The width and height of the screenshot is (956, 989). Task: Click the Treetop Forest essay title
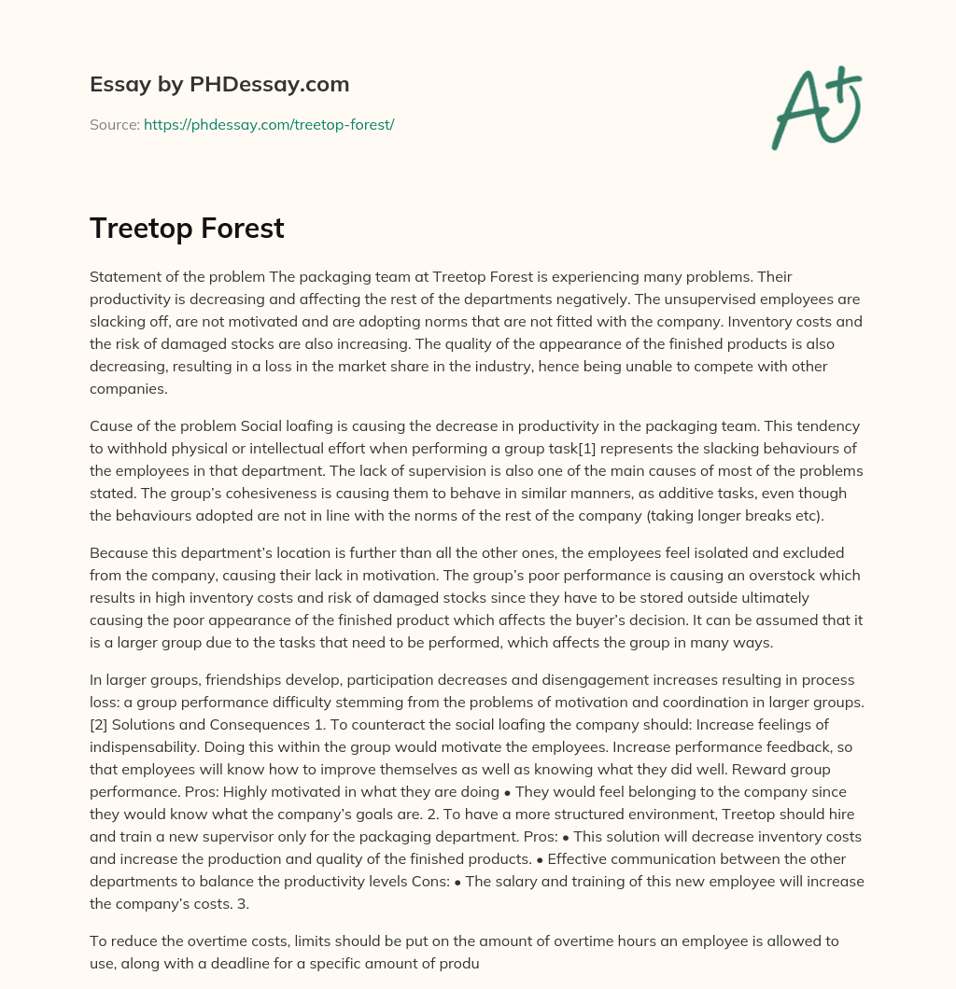[187, 228]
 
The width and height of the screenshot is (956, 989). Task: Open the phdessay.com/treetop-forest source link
[269, 124]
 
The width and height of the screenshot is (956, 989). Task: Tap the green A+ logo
[816, 107]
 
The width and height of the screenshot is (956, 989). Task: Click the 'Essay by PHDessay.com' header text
[219, 84]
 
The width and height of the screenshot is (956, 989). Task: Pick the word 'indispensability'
[144, 746]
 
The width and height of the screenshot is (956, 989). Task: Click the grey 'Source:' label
[115, 124]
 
